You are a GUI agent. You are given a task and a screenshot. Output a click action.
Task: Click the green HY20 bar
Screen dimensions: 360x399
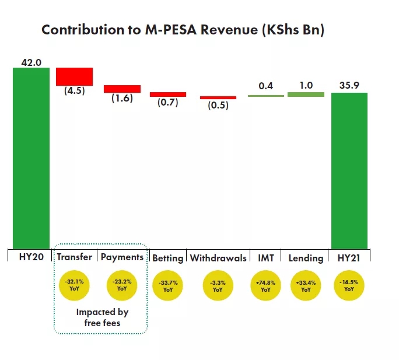click(x=32, y=158)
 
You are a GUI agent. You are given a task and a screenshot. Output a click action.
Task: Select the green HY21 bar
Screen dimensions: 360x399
click(x=349, y=170)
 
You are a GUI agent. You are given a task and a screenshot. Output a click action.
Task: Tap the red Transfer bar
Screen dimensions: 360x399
click(x=74, y=76)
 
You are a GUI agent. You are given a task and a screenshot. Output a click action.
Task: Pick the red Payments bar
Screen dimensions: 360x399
click(x=122, y=89)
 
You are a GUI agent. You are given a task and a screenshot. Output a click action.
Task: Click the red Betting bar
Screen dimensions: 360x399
click(x=168, y=94)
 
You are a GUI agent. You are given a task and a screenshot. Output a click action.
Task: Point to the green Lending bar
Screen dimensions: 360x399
click(x=306, y=94)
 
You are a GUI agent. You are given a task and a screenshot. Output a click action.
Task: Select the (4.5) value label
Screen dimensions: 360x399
click(x=74, y=90)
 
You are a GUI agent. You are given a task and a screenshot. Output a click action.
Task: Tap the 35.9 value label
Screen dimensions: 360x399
click(x=349, y=86)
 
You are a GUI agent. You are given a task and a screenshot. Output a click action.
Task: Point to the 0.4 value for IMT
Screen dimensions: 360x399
click(x=266, y=86)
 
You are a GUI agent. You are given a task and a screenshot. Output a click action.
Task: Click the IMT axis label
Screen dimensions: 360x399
click(x=266, y=258)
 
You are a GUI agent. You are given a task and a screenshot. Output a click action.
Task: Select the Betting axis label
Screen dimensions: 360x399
click(x=168, y=258)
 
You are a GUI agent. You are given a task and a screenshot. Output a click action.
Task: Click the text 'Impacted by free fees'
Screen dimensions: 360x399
click(x=102, y=317)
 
